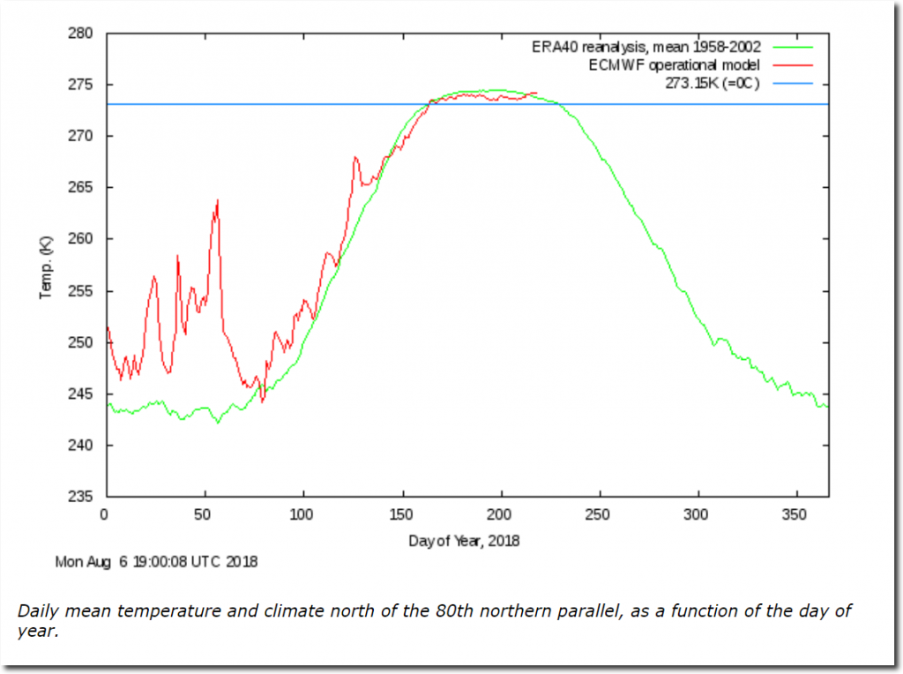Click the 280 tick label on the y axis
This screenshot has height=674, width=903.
[x=83, y=34]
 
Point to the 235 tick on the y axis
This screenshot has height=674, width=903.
[x=83, y=497]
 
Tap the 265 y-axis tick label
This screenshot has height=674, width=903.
[x=83, y=188]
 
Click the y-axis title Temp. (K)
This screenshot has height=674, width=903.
[x=46, y=266]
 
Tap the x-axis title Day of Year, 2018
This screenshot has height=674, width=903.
[x=464, y=540]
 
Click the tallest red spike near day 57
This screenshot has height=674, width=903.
[x=217, y=200]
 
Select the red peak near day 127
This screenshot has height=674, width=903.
[x=355, y=158]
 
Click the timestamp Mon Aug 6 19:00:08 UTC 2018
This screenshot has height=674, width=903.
[x=157, y=561]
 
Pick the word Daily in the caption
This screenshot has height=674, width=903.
[x=37, y=611]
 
